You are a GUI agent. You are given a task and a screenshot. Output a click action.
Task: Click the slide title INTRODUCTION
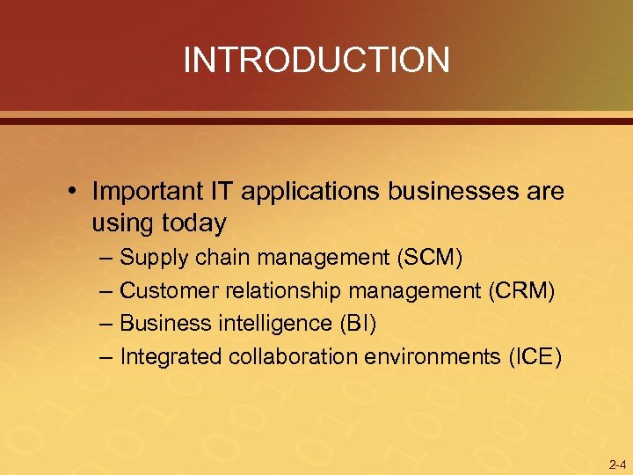coord(316,60)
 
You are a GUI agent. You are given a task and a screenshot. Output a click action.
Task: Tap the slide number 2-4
coord(616,464)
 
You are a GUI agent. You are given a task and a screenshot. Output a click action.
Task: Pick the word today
coord(193,223)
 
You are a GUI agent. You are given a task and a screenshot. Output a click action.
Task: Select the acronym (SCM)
coord(431,258)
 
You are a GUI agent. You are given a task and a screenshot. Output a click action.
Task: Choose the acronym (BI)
coord(357,324)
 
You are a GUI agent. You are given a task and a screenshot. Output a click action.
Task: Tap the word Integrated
coord(171,356)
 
